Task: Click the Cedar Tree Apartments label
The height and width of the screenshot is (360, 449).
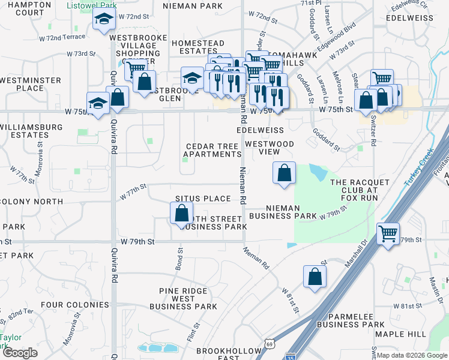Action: coord(212,150)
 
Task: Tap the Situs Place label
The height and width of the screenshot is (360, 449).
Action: coord(203,199)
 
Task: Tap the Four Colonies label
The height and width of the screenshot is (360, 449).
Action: coord(74,305)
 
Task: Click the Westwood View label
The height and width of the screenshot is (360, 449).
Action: coord(270,148)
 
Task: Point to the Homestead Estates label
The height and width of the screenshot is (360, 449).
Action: coord(197,47)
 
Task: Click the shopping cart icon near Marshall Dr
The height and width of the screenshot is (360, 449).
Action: coord(388,233)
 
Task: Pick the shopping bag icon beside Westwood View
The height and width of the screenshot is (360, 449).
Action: coord(285,173)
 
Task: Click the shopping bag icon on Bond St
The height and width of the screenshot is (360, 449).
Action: coord(181,213)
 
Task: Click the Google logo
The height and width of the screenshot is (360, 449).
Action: coord(20,352)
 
